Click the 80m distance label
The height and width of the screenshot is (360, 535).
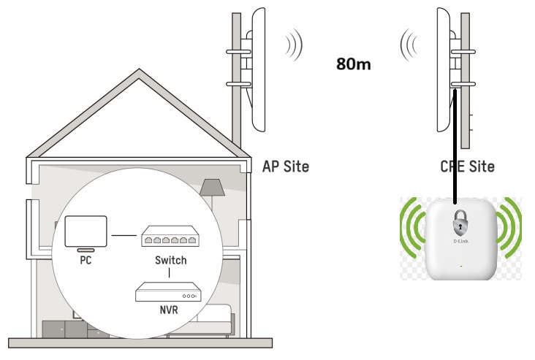(x=353, y=64)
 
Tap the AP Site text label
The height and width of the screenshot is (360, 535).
(x=285, y=166)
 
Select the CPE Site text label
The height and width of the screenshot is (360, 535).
(x=467, y=166)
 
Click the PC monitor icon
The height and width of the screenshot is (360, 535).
(x=86, y=231)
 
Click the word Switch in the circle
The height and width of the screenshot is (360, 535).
(x=170, y=260)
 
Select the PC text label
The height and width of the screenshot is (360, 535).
(x=86, y=260)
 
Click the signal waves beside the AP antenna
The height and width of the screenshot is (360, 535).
(x=294, y=45)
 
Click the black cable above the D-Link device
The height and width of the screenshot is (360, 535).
(x=455, y=146)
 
